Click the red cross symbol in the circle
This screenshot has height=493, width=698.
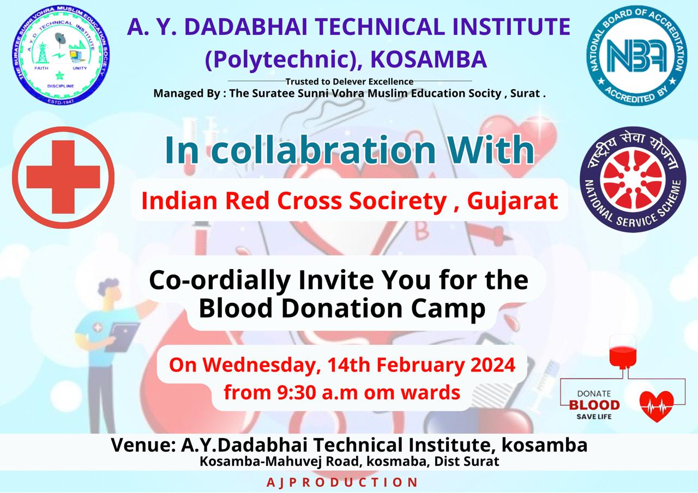(63, 177)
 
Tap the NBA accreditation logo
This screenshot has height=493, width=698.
(636, 55)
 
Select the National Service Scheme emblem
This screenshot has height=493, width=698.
(633, 179)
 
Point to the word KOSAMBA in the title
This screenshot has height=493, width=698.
(429, 59)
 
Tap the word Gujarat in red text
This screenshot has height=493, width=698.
(513, 201)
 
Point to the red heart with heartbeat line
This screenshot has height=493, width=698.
(657, 406)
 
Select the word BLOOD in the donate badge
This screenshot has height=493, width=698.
(594, 405)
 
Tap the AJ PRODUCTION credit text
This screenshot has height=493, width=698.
(342, 483)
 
